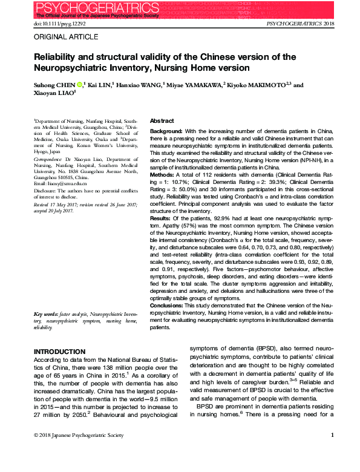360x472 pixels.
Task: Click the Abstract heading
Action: tap(162, 121)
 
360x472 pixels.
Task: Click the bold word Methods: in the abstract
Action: tap(163, 174)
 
